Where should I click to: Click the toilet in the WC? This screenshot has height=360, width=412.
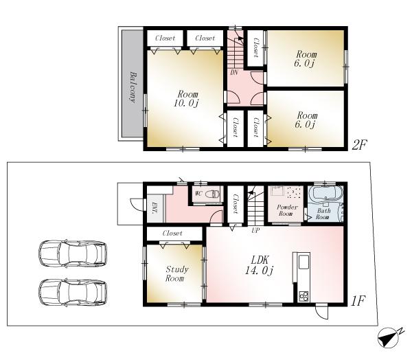point(214,194)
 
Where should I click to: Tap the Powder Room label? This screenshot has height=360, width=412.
point(286,210)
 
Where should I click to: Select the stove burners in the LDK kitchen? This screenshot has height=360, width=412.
point(303,296)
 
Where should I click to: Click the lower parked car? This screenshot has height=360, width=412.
point(73,291)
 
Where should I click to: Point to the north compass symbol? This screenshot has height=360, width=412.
point(389,337)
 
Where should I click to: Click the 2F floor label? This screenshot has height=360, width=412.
point(360,144)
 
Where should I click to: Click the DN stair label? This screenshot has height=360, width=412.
point(234,72)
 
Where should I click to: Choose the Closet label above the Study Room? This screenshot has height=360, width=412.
point(173,234)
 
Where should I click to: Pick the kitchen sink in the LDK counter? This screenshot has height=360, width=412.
point(302,262)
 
